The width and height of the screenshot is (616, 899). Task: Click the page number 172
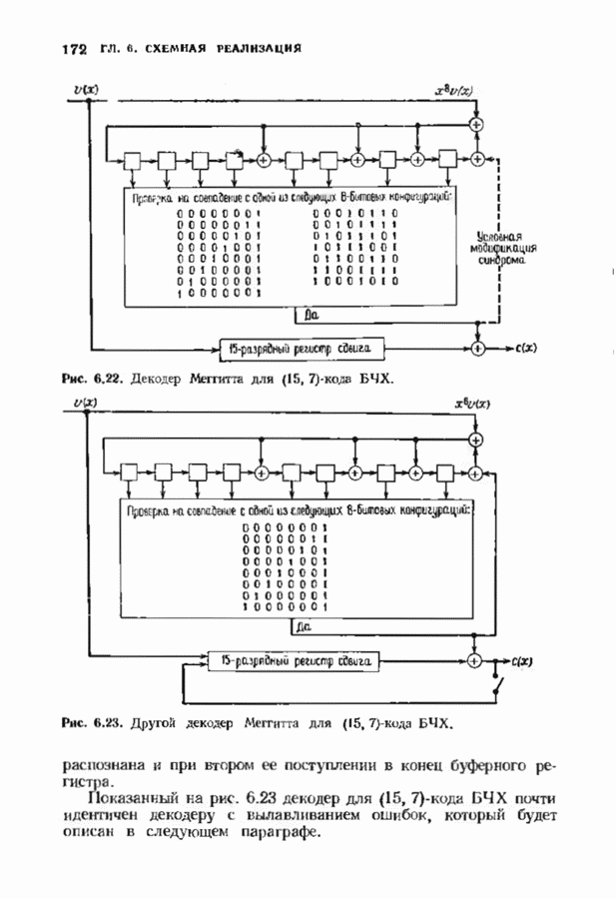pos(75,48)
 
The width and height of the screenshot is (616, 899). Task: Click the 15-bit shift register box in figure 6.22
pos(300,348)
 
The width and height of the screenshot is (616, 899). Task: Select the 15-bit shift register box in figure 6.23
pos(291,661)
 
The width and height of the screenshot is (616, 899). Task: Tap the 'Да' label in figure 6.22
pos(310,315)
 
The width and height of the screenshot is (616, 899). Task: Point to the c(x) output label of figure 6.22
pos(525,349)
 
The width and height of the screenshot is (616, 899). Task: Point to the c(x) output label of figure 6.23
pos(519,661)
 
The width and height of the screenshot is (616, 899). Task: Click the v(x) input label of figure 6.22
pos(87,92)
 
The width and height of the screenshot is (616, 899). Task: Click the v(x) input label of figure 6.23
pos(87,403)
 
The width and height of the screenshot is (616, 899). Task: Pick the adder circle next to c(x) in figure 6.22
pos(477,349)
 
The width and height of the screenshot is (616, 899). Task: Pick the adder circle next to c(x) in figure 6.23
pos(477,661)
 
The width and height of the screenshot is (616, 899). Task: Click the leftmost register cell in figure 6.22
pos(131,159)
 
